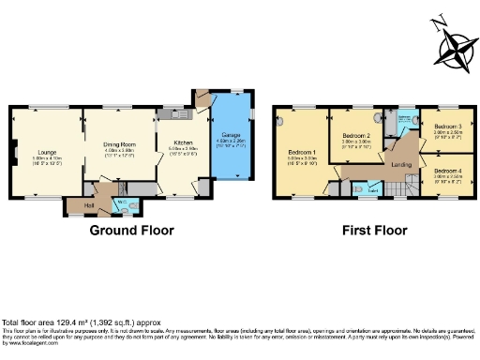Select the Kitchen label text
coord(181,142)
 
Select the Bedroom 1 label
coord(302,152)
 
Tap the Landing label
coord(401,165)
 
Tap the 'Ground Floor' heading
coord(128,230)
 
